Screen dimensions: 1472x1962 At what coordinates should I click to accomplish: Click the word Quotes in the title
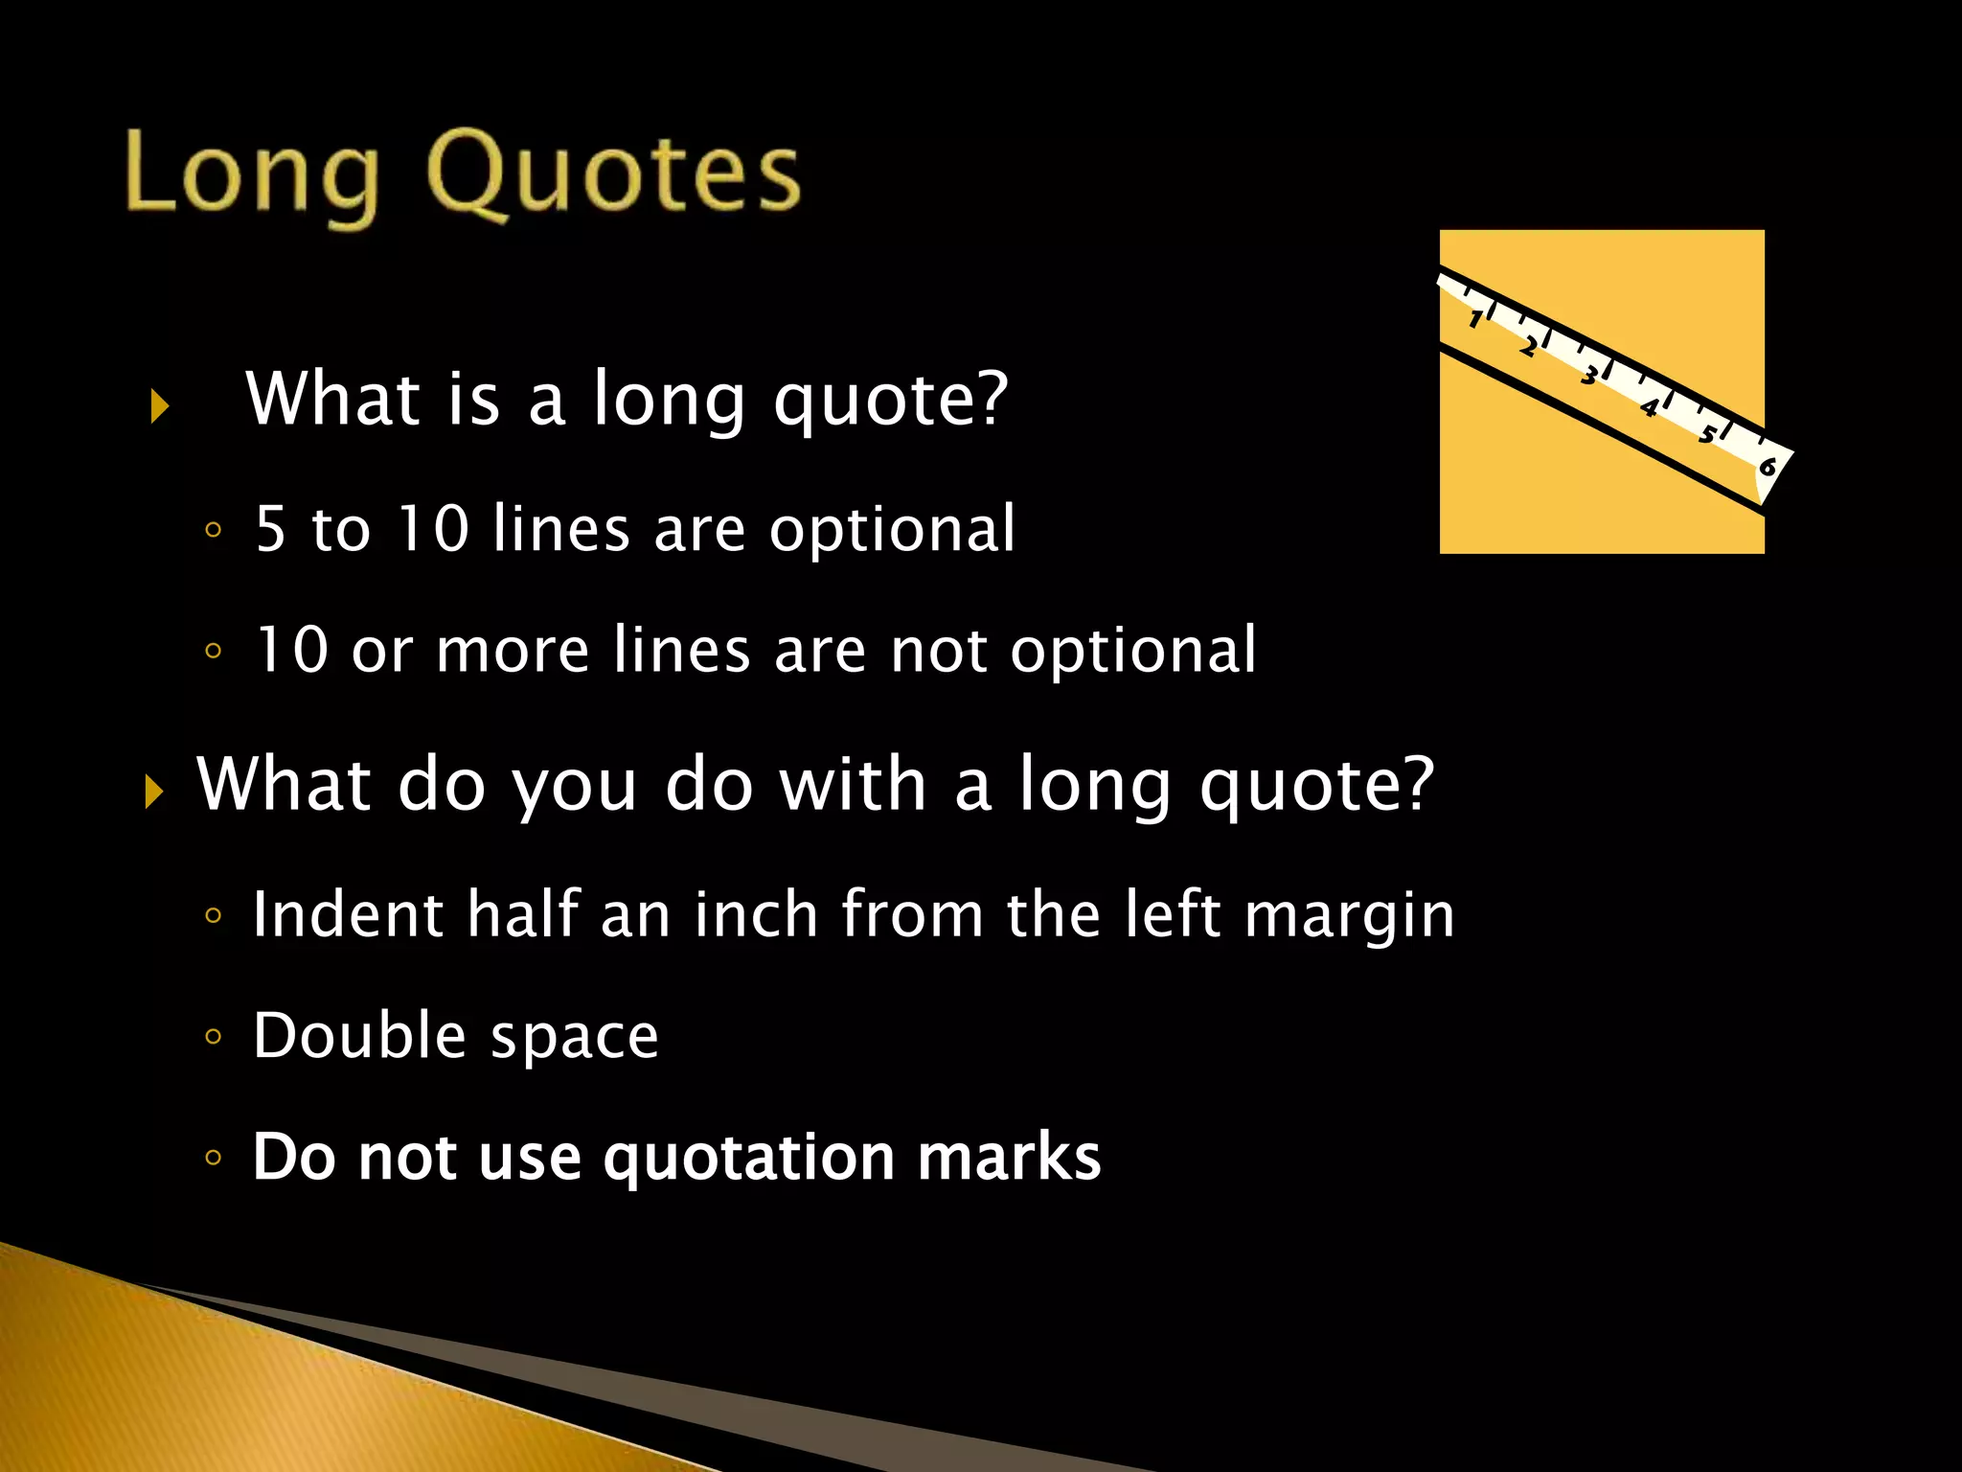[613, 172]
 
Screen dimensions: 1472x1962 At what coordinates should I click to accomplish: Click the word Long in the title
[251, 177]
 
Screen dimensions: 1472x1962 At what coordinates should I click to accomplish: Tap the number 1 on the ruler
[1476, 319]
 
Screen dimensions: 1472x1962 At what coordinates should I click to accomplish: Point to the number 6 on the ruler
[1768, 467]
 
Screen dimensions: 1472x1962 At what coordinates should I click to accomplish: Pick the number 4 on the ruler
[1649, 408]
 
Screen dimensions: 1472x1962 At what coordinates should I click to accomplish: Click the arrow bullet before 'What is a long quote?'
[159, 406]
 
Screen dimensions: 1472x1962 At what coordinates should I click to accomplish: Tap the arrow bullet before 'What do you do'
[153, 793]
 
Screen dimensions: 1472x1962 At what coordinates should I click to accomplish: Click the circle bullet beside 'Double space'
[213, 1036]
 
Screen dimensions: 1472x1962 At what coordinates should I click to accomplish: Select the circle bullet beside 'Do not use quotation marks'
[213, 1158]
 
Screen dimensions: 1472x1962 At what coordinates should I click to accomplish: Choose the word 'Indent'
[347, 914]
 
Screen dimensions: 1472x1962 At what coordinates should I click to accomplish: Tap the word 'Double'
[359, 1036]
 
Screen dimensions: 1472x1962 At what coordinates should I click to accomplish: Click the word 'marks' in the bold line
[1009, 1157]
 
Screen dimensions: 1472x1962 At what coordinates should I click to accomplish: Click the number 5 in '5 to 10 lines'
[271, 529]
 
